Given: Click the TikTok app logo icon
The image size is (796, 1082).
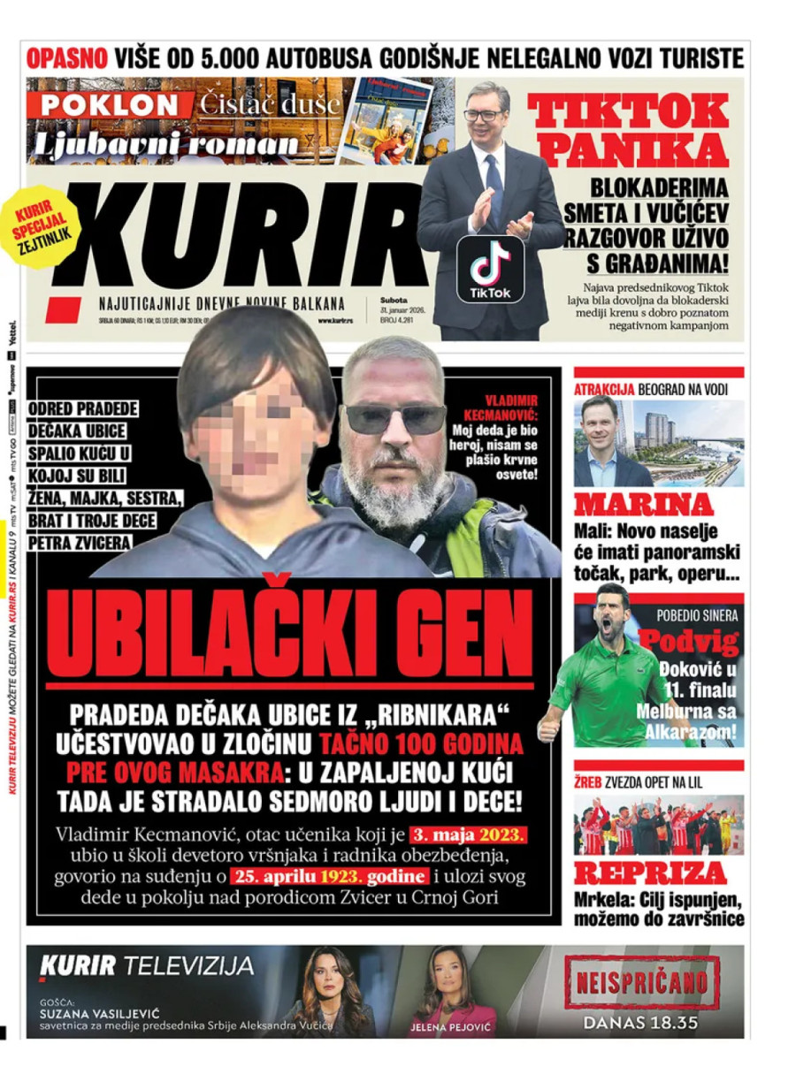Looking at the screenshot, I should (490, 266).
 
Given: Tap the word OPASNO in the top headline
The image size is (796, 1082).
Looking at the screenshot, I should (66, 58).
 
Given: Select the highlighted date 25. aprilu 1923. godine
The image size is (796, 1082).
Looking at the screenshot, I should (330, 877).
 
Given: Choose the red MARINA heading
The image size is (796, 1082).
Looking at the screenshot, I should (643, 505).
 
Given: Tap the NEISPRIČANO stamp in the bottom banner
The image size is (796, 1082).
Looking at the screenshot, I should (642, 982).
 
